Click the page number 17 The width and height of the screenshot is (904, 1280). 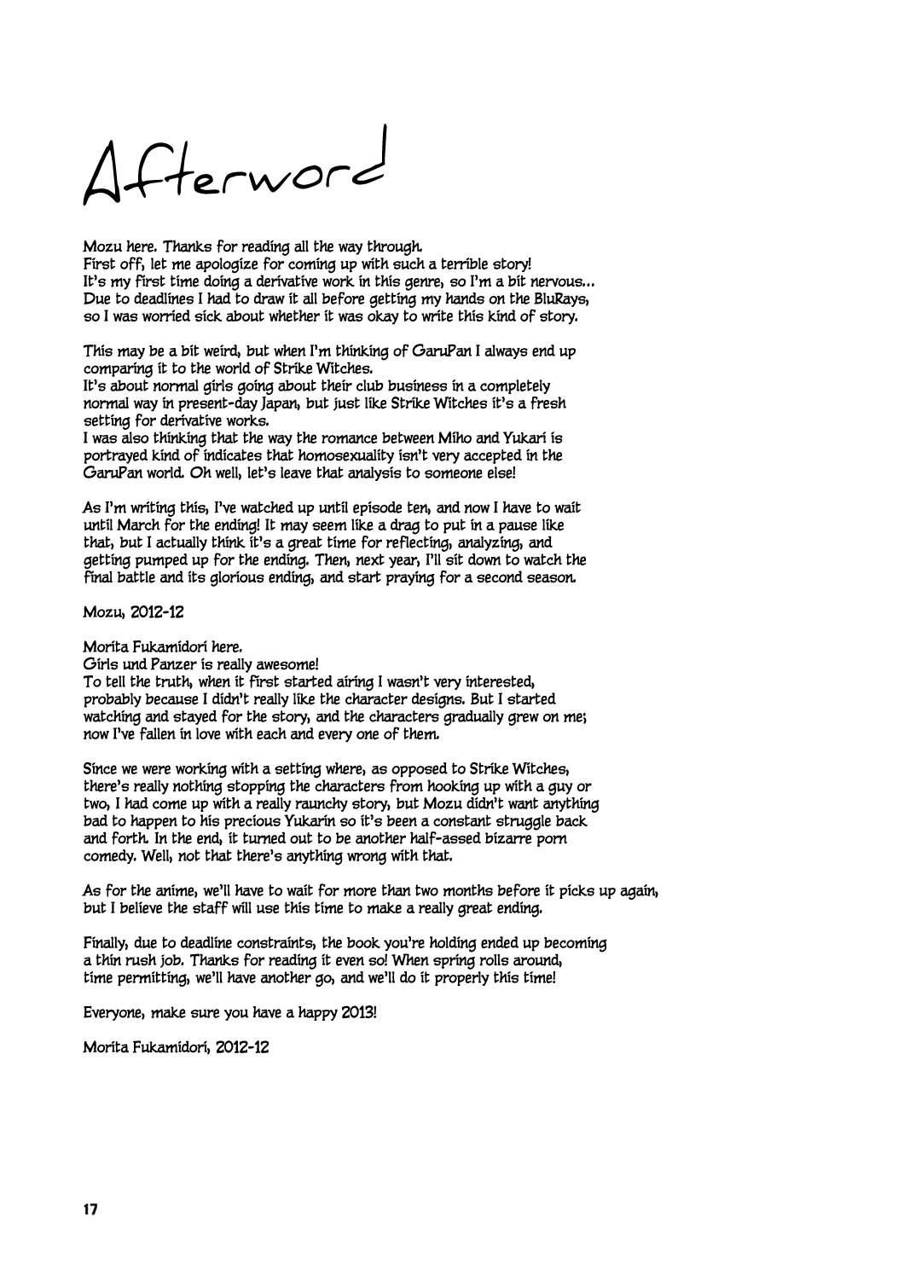click(92, 1208)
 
